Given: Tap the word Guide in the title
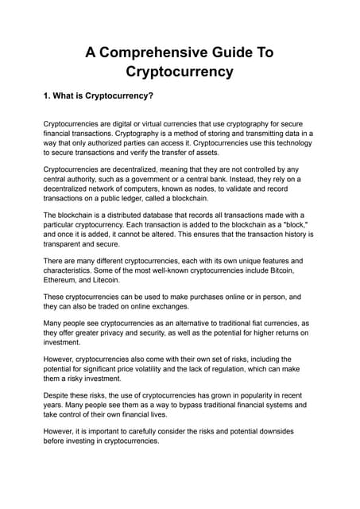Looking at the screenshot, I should coord(236,52).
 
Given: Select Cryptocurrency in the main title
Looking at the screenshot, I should coord(180,72).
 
